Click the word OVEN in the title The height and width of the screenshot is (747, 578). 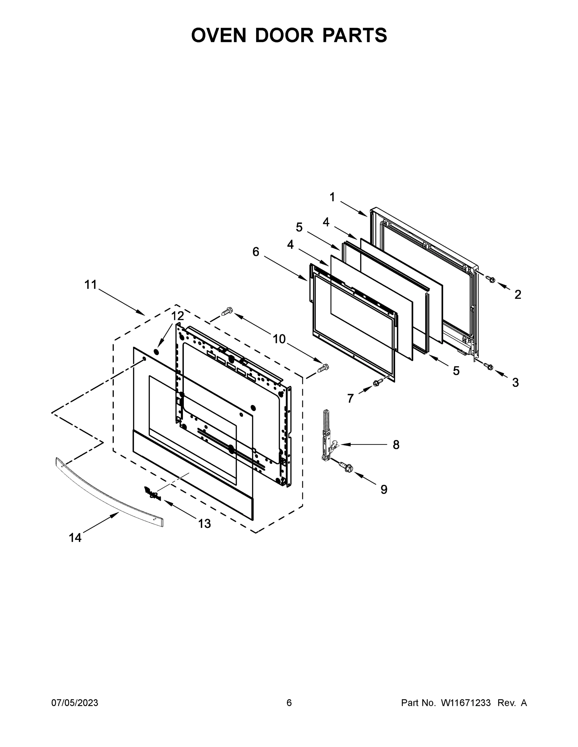(218, 35)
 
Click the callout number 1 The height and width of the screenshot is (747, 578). (332, 197)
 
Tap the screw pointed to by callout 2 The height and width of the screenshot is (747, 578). (491, 280)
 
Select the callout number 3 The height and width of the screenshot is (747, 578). (515, 383)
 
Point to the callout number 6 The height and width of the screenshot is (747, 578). (256, 252)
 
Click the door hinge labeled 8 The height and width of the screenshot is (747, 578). (328, 436)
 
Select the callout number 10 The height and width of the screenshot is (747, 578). (279, 339)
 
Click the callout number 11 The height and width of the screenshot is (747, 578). (91, 284)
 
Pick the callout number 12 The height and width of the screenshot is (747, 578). (177, 316)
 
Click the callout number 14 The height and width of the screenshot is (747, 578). (75, 538)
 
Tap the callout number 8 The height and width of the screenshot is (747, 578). (396, 445)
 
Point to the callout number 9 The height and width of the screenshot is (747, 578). (384, 490)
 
